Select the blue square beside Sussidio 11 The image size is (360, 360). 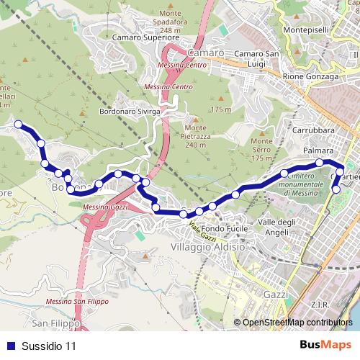pyautogui.click(x=10, y=346)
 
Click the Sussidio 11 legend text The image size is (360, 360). pyautogui.click(x=49, y=346)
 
